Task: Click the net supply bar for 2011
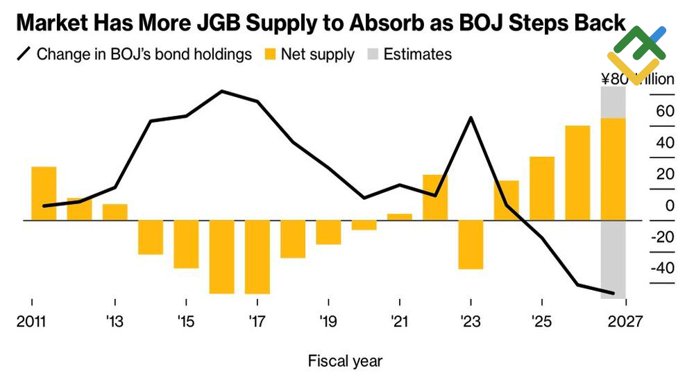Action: (44, 194)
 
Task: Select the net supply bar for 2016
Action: (221, 257)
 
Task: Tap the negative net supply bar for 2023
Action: (471, 244)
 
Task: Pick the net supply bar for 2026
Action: (577, 173)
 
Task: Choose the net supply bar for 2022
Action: (435, 197)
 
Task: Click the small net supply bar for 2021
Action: (400, 217)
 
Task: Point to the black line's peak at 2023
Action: (471, 118)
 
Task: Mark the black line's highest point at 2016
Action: (221, 91)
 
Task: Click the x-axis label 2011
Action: (32, 322)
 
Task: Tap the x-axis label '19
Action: (328, 322)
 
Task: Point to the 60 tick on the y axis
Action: (665, 112)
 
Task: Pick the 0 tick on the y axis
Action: (669, 206)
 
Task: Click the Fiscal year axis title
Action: (345, 361)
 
